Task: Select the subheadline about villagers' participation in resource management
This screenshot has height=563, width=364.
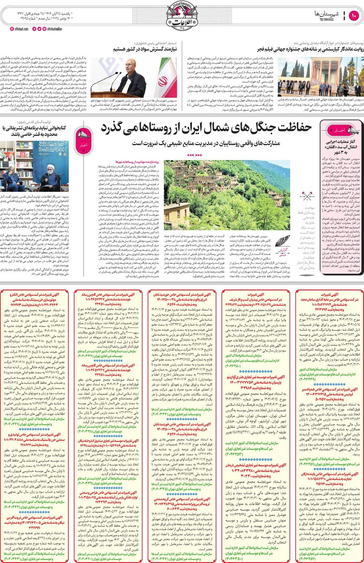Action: tap(206, 143)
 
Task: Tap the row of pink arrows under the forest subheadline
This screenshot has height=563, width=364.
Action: tap(195, 155)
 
